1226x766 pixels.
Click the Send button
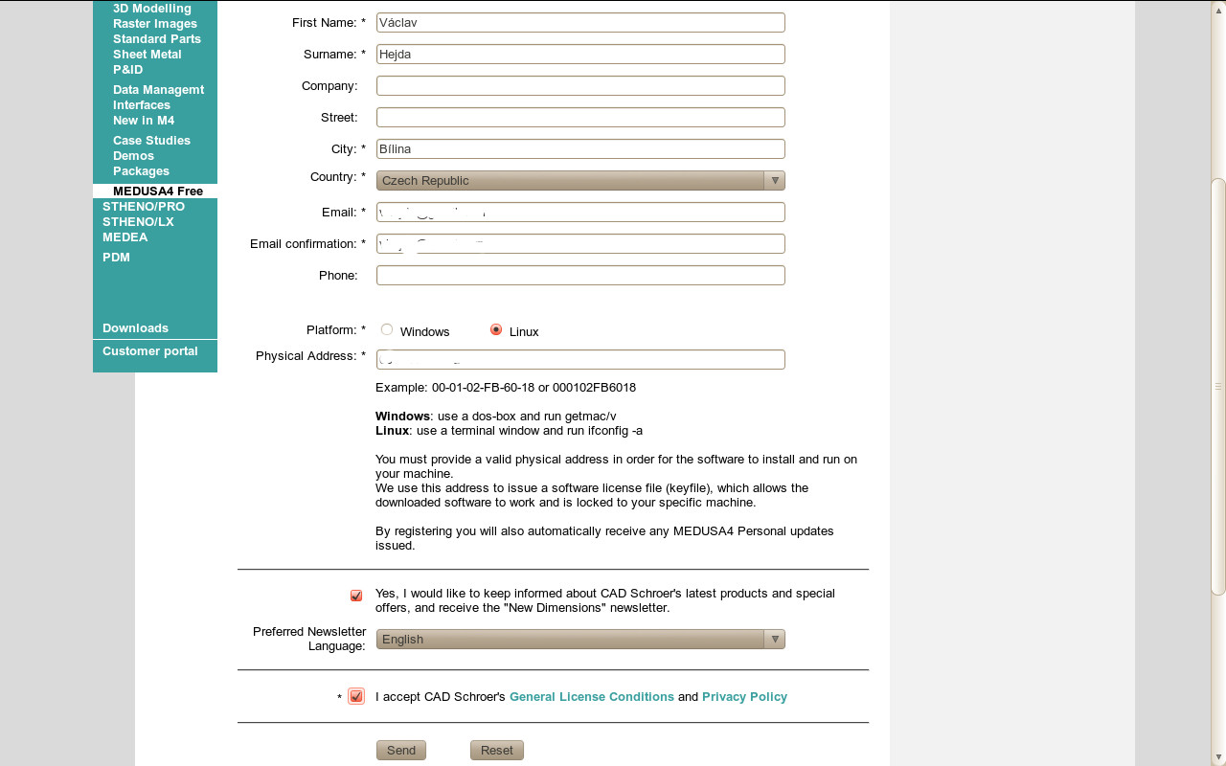pyautogui.click(x=400, y=750)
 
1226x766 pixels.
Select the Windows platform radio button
pyautogui.click(x=387, y=329)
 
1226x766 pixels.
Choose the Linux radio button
pyautogui.click(x=496, y=329)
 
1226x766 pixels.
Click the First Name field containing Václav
pyautogui.click(x=580, y=22)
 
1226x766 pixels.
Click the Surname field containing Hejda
pyautogui.click(x=580, y=54)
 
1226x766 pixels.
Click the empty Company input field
pyautogui.click(x=580, y=85)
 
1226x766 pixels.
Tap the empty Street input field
pyautogui.click(x=580, y=117)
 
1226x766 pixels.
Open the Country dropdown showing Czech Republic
pyautogui.click(x=580, y=180)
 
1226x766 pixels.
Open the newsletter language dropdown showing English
pyautogui.click(x=580, y=639)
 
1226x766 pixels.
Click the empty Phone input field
pyautogui.click(x=580, y=275)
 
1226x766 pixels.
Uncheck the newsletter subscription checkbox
pyautogui.click(x=356, y=596)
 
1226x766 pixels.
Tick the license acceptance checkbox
pyautogui.click(x=356, y=696)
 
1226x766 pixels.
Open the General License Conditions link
pyautogui.click(x=591, y=696)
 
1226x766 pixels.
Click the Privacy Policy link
pyautogui.click(x=744, y=696)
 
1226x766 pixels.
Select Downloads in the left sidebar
pyautogui.click(x=135, y=327)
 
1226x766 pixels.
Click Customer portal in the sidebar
pyautogui.click(x=150, y=350)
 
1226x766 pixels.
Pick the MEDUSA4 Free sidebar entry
pyautogui.click(x=158, y=191)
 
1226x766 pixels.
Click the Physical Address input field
pyautogui.click(x=580, y=359)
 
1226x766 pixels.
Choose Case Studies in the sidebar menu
pyautogui.click(x=151, y=140)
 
